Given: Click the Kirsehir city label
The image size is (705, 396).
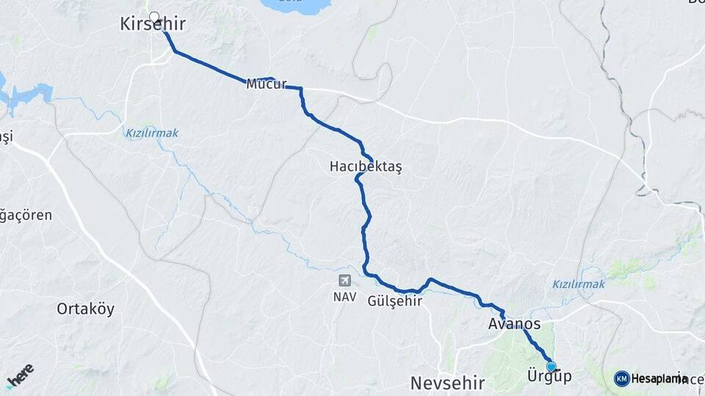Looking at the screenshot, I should click(152, 25).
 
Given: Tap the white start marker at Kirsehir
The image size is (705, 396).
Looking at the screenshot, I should click(154, 16).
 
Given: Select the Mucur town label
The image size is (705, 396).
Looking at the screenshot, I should click(266, 84).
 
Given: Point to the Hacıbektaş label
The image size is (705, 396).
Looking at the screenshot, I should click(366, 167).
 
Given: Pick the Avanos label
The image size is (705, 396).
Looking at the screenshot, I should click(513, 324).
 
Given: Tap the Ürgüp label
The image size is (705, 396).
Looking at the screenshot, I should click(549, 377).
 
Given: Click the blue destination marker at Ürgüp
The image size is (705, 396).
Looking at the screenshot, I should click(551, 366).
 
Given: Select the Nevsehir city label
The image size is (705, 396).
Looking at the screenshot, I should click(447, 383).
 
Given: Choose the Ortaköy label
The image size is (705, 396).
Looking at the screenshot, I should click(86, 309).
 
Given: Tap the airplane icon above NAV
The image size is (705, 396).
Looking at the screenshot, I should click(344, 281).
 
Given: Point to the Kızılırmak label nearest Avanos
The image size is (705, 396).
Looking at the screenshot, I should click(578, 284).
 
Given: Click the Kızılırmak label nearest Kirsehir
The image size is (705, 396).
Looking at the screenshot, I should click(152, 133).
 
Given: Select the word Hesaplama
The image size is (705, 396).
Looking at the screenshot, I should click(659, 378).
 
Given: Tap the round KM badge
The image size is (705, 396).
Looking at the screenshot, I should click(621, 378).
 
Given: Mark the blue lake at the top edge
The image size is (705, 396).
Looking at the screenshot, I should click(294, 5).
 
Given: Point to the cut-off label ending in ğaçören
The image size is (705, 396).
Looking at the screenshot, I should click(26, 216).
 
